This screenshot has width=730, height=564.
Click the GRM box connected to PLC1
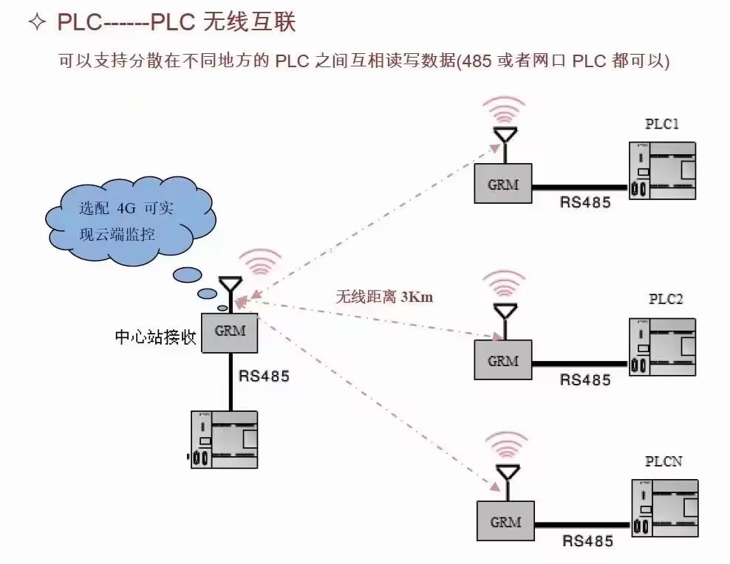(503, 184)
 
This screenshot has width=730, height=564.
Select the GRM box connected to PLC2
(503, 360)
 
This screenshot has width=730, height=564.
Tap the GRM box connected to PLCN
(505, 521)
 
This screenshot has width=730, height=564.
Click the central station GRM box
(230, 331)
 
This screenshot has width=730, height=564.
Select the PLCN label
(663, 461)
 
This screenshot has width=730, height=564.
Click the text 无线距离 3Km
(384, 298)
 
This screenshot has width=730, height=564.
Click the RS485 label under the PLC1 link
(586, 202)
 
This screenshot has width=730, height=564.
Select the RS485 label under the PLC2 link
(586, 380)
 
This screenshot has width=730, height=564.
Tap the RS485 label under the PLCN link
(587, 541)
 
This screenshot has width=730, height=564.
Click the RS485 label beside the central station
(264, 375)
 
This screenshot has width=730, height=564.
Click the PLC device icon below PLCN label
(664, 507)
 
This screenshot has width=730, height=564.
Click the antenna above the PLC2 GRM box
(505, 313)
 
